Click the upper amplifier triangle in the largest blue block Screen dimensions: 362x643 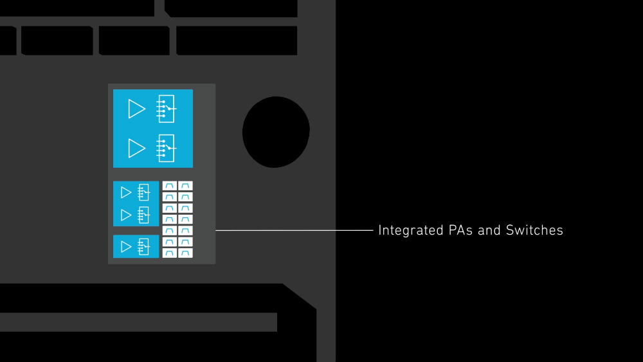click(136, 109)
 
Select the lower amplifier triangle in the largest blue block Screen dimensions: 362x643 click(136, 148)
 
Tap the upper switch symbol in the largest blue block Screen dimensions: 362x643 click(166, 109)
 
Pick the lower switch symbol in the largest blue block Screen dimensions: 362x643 click(166, 148)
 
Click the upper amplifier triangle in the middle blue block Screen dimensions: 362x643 click(126, 192)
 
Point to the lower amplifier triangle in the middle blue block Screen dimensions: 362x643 click(126, 215)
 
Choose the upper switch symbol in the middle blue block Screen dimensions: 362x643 click(143, 192)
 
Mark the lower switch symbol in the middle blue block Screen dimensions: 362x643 click(143, 215)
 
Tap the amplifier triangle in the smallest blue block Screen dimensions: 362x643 click(126, 246)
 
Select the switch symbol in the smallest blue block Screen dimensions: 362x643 click(143, 246)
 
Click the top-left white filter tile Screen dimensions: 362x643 click(169, 186)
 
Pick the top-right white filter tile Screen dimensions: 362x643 click(185, 186)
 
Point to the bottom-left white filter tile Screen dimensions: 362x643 click(169, 253)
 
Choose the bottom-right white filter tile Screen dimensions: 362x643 click(185, 253)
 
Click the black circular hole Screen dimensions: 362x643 click(276, 132)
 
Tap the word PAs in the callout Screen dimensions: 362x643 click(455, 230)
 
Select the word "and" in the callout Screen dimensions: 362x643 click(489, 230)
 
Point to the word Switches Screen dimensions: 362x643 click(534, 230)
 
